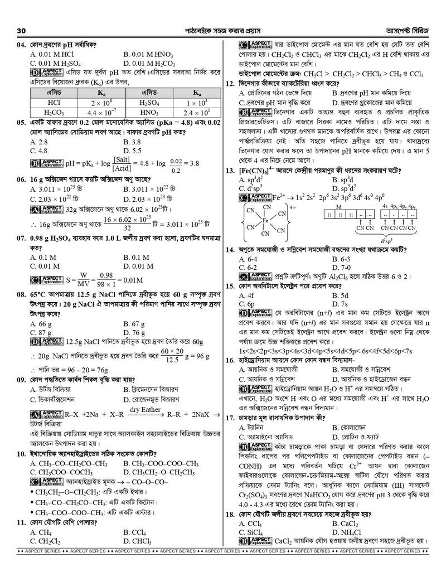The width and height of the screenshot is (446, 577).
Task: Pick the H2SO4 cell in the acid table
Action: (x=151, y=103)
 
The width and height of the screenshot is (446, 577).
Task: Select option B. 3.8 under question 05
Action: (x=133, y=142)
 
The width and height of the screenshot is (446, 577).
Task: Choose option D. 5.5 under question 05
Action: (x=133, y=151)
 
